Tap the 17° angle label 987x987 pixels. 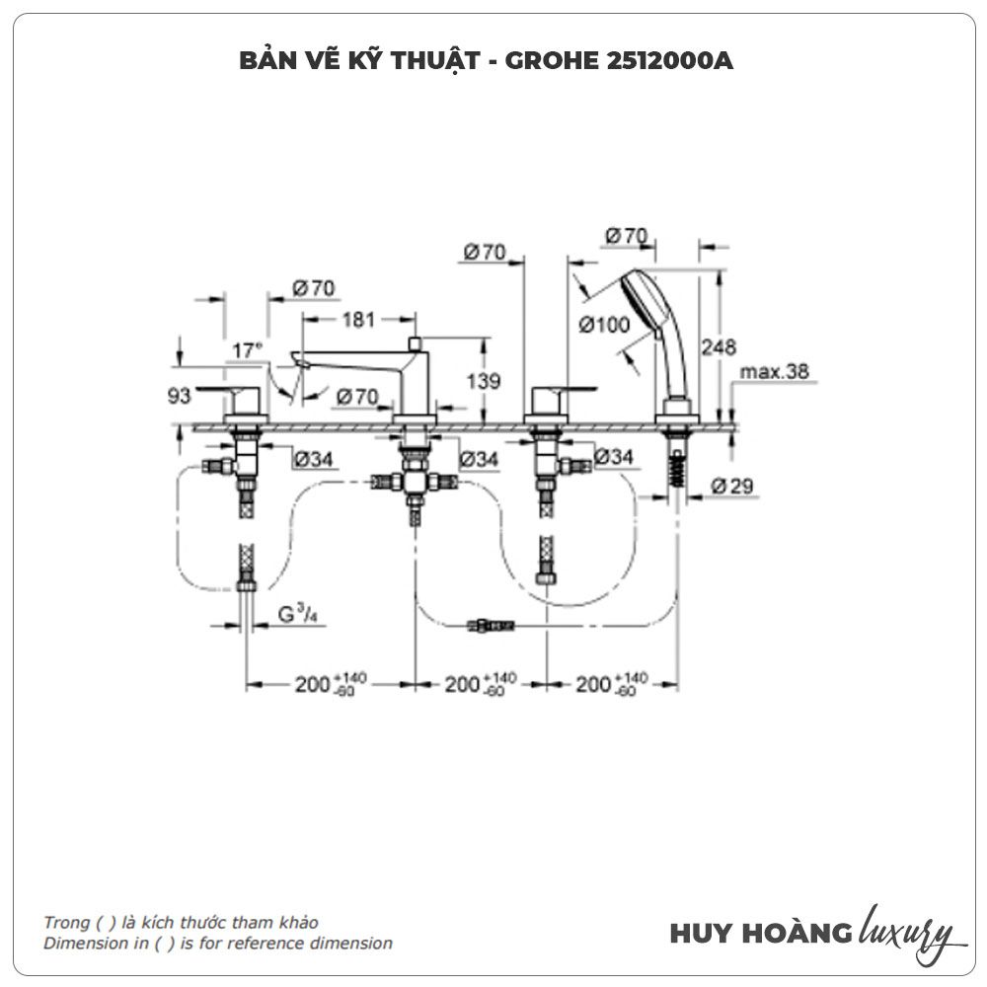click(248, 350)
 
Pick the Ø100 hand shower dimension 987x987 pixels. click(604, 324)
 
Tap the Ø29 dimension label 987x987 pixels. click(734, 486)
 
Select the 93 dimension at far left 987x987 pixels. click(179, 395)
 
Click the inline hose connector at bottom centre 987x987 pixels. click(491, 624)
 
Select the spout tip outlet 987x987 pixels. click(296, 361)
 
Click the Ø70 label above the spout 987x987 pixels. click(314, 288)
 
